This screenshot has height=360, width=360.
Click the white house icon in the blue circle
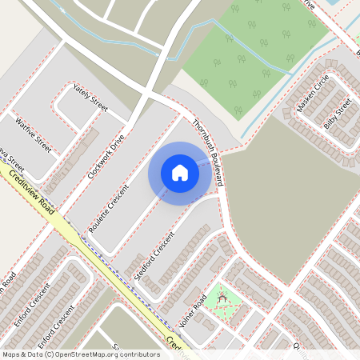point(180,173)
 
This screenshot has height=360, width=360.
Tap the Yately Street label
point(90,98)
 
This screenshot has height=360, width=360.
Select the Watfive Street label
point(33,135)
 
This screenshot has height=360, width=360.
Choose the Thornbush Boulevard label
point(208,153)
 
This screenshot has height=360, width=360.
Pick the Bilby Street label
point(338,114)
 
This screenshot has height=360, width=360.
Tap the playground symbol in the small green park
point(223,299)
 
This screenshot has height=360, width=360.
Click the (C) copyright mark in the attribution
point(50,354)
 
